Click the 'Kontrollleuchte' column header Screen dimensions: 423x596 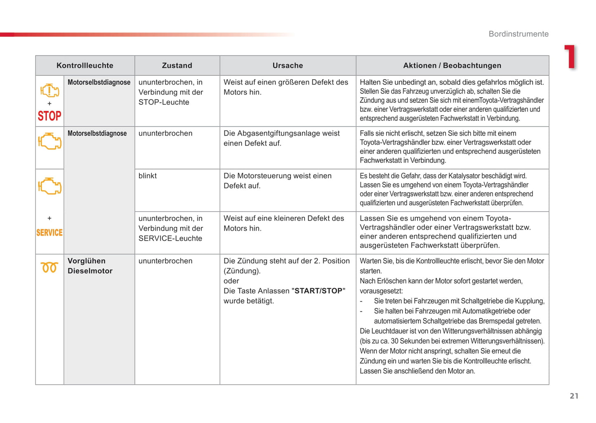tap(85, 66)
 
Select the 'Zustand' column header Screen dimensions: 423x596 tap(177, 66)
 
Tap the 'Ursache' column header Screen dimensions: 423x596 tap(287, 66)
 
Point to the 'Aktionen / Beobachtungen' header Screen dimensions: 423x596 tap(452, 66)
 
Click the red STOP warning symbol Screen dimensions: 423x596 tap(49, 116)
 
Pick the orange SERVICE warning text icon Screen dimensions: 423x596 tap(49, 233)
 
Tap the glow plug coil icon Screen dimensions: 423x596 tap(49, 268)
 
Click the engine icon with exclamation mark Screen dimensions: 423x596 tap(49, 90)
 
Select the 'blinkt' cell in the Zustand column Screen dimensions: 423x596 tap(148, 176)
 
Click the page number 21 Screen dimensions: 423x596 tap(574, 396)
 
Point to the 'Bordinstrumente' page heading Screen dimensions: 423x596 tap(518, 34)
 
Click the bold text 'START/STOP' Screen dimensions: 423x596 tap(318, 291)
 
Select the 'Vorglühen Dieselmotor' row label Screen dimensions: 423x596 tap(90, 266)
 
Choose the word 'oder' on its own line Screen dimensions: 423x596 tap(231, 281)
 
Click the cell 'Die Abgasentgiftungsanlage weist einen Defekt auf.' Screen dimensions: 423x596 tap(282, 139)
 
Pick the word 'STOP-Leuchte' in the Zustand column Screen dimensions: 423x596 tap(164, 102)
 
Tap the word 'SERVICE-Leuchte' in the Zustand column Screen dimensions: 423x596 tap(170, 238)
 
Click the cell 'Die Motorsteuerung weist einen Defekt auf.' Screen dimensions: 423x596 tap(278, 181)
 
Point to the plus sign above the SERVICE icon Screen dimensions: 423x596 tap(49, 218)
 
